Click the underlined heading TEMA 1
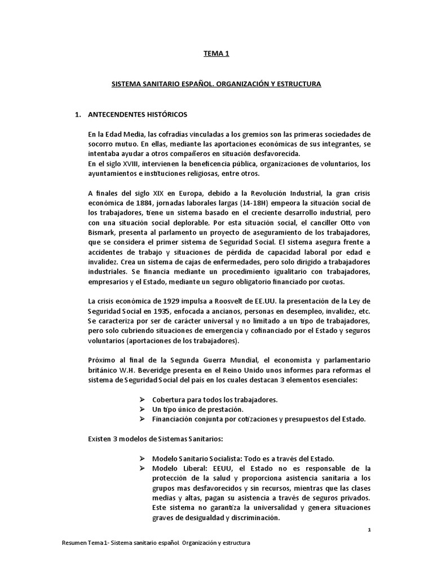(216, 54)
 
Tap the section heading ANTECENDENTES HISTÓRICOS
(138, 114)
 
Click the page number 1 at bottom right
(368, 530)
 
